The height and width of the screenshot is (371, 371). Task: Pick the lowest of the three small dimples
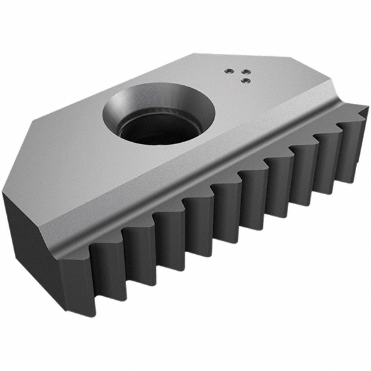245,79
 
